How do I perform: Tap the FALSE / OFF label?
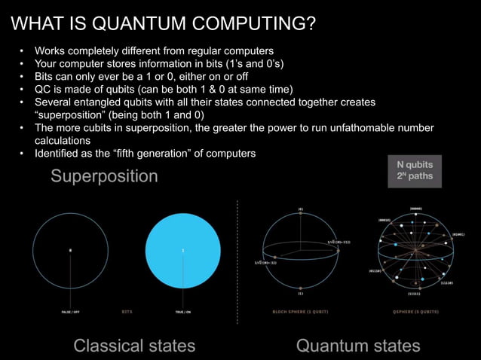[71, 310]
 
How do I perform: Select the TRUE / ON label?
[183, 310]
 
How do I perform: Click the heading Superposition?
[105, 176]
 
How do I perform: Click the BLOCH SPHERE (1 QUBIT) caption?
[300, 310]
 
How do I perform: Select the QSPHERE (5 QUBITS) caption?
[415, 310]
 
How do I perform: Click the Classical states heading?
[134, 346]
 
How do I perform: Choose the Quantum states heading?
[358, 346]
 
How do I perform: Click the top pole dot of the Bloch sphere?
[300, 213]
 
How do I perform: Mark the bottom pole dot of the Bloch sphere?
[300, 286]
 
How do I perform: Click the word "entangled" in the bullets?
[106, 102]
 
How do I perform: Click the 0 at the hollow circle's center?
[71, 249]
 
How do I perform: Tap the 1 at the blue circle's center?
[182, 249]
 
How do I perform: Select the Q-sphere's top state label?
[415, 209]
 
